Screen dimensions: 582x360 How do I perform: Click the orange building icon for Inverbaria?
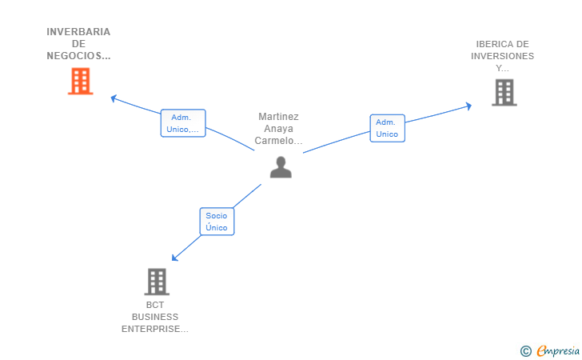point(80,81)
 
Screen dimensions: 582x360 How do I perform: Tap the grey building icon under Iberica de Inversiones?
point(504,93)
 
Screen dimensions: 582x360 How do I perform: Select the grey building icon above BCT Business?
point(157,282)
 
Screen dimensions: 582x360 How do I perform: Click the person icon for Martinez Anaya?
point(281,167)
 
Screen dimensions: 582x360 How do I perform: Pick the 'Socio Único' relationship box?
point(217,222)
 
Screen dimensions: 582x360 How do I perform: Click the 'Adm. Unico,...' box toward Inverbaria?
point(183,123)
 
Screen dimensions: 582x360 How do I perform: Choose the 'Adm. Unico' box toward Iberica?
point(387,128)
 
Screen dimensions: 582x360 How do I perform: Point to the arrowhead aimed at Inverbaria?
point(114,98)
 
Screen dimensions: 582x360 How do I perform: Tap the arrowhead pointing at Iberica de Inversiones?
point(468,106)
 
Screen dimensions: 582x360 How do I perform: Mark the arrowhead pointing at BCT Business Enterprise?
point(174,258)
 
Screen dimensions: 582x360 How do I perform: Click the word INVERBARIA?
point(78,32)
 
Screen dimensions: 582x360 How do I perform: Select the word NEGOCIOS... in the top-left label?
point(78,56)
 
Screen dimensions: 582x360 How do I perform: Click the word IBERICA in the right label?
point(488,44)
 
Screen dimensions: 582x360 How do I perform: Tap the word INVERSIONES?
point(502,56)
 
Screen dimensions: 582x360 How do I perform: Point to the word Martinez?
point(278,117)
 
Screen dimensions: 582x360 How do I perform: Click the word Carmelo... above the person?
point(278,141)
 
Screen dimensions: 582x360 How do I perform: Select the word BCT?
point(155,305)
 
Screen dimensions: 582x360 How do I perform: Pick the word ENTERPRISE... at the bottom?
point(155,329)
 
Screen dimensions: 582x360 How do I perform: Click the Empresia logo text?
point(558,350)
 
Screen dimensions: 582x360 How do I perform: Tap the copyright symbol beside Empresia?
point(525,351)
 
